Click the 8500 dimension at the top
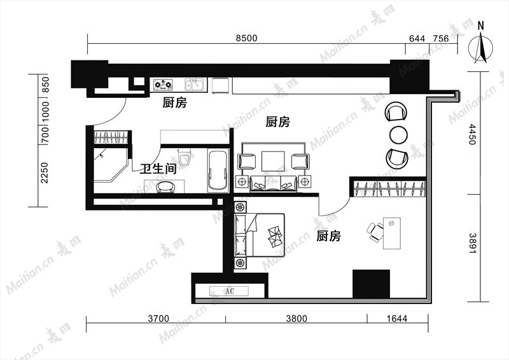[246, 38]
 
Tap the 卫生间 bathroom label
[158, 169]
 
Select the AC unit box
[229, 291]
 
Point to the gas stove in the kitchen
[163, 85]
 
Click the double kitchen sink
[194, 85]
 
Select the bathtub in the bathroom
[218, 170]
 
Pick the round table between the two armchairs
[398, 135]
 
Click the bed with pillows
[260, 235]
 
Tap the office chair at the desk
[375, 232]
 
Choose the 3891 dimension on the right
[473, 243]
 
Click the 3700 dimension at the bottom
[158, 319]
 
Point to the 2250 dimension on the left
[44, 173]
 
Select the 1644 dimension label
[396, 319]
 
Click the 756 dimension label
[441, 39]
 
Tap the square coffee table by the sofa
[274, 161]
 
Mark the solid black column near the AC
[371, 284]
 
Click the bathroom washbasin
[165, 187]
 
